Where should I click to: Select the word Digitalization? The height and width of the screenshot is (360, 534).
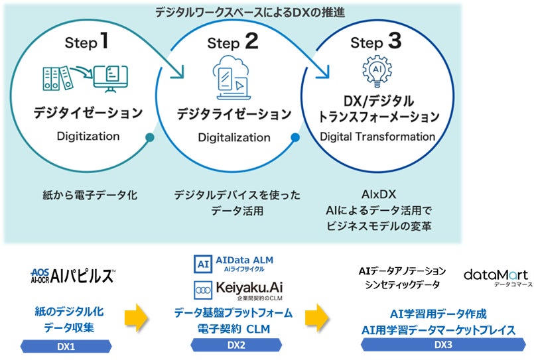click(234, 138)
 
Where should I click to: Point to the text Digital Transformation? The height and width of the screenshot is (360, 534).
click(377, 137)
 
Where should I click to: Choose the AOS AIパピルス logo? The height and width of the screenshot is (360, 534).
click(73, 276)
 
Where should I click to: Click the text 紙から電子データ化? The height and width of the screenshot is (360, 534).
click(87, 196)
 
